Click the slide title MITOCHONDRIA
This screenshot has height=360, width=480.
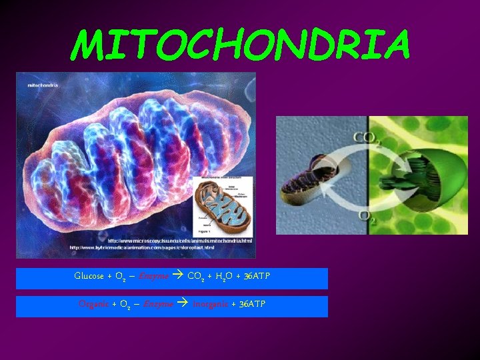(x=240, y=44)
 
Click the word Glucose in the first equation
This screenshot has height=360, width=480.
(x=89, y=276)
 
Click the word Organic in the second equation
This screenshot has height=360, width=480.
(x=94, y=304)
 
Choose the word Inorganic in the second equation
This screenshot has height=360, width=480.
(x=214, y=304)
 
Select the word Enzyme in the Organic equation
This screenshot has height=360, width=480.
(x=159, y=304)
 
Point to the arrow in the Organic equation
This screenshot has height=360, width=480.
(x=183, y=304)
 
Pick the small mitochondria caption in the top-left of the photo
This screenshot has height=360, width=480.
(x=43, y=85)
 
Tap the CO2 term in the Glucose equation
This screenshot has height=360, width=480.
(x=195, y=277)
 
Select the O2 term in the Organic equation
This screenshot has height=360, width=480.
(x=123, y=305)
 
